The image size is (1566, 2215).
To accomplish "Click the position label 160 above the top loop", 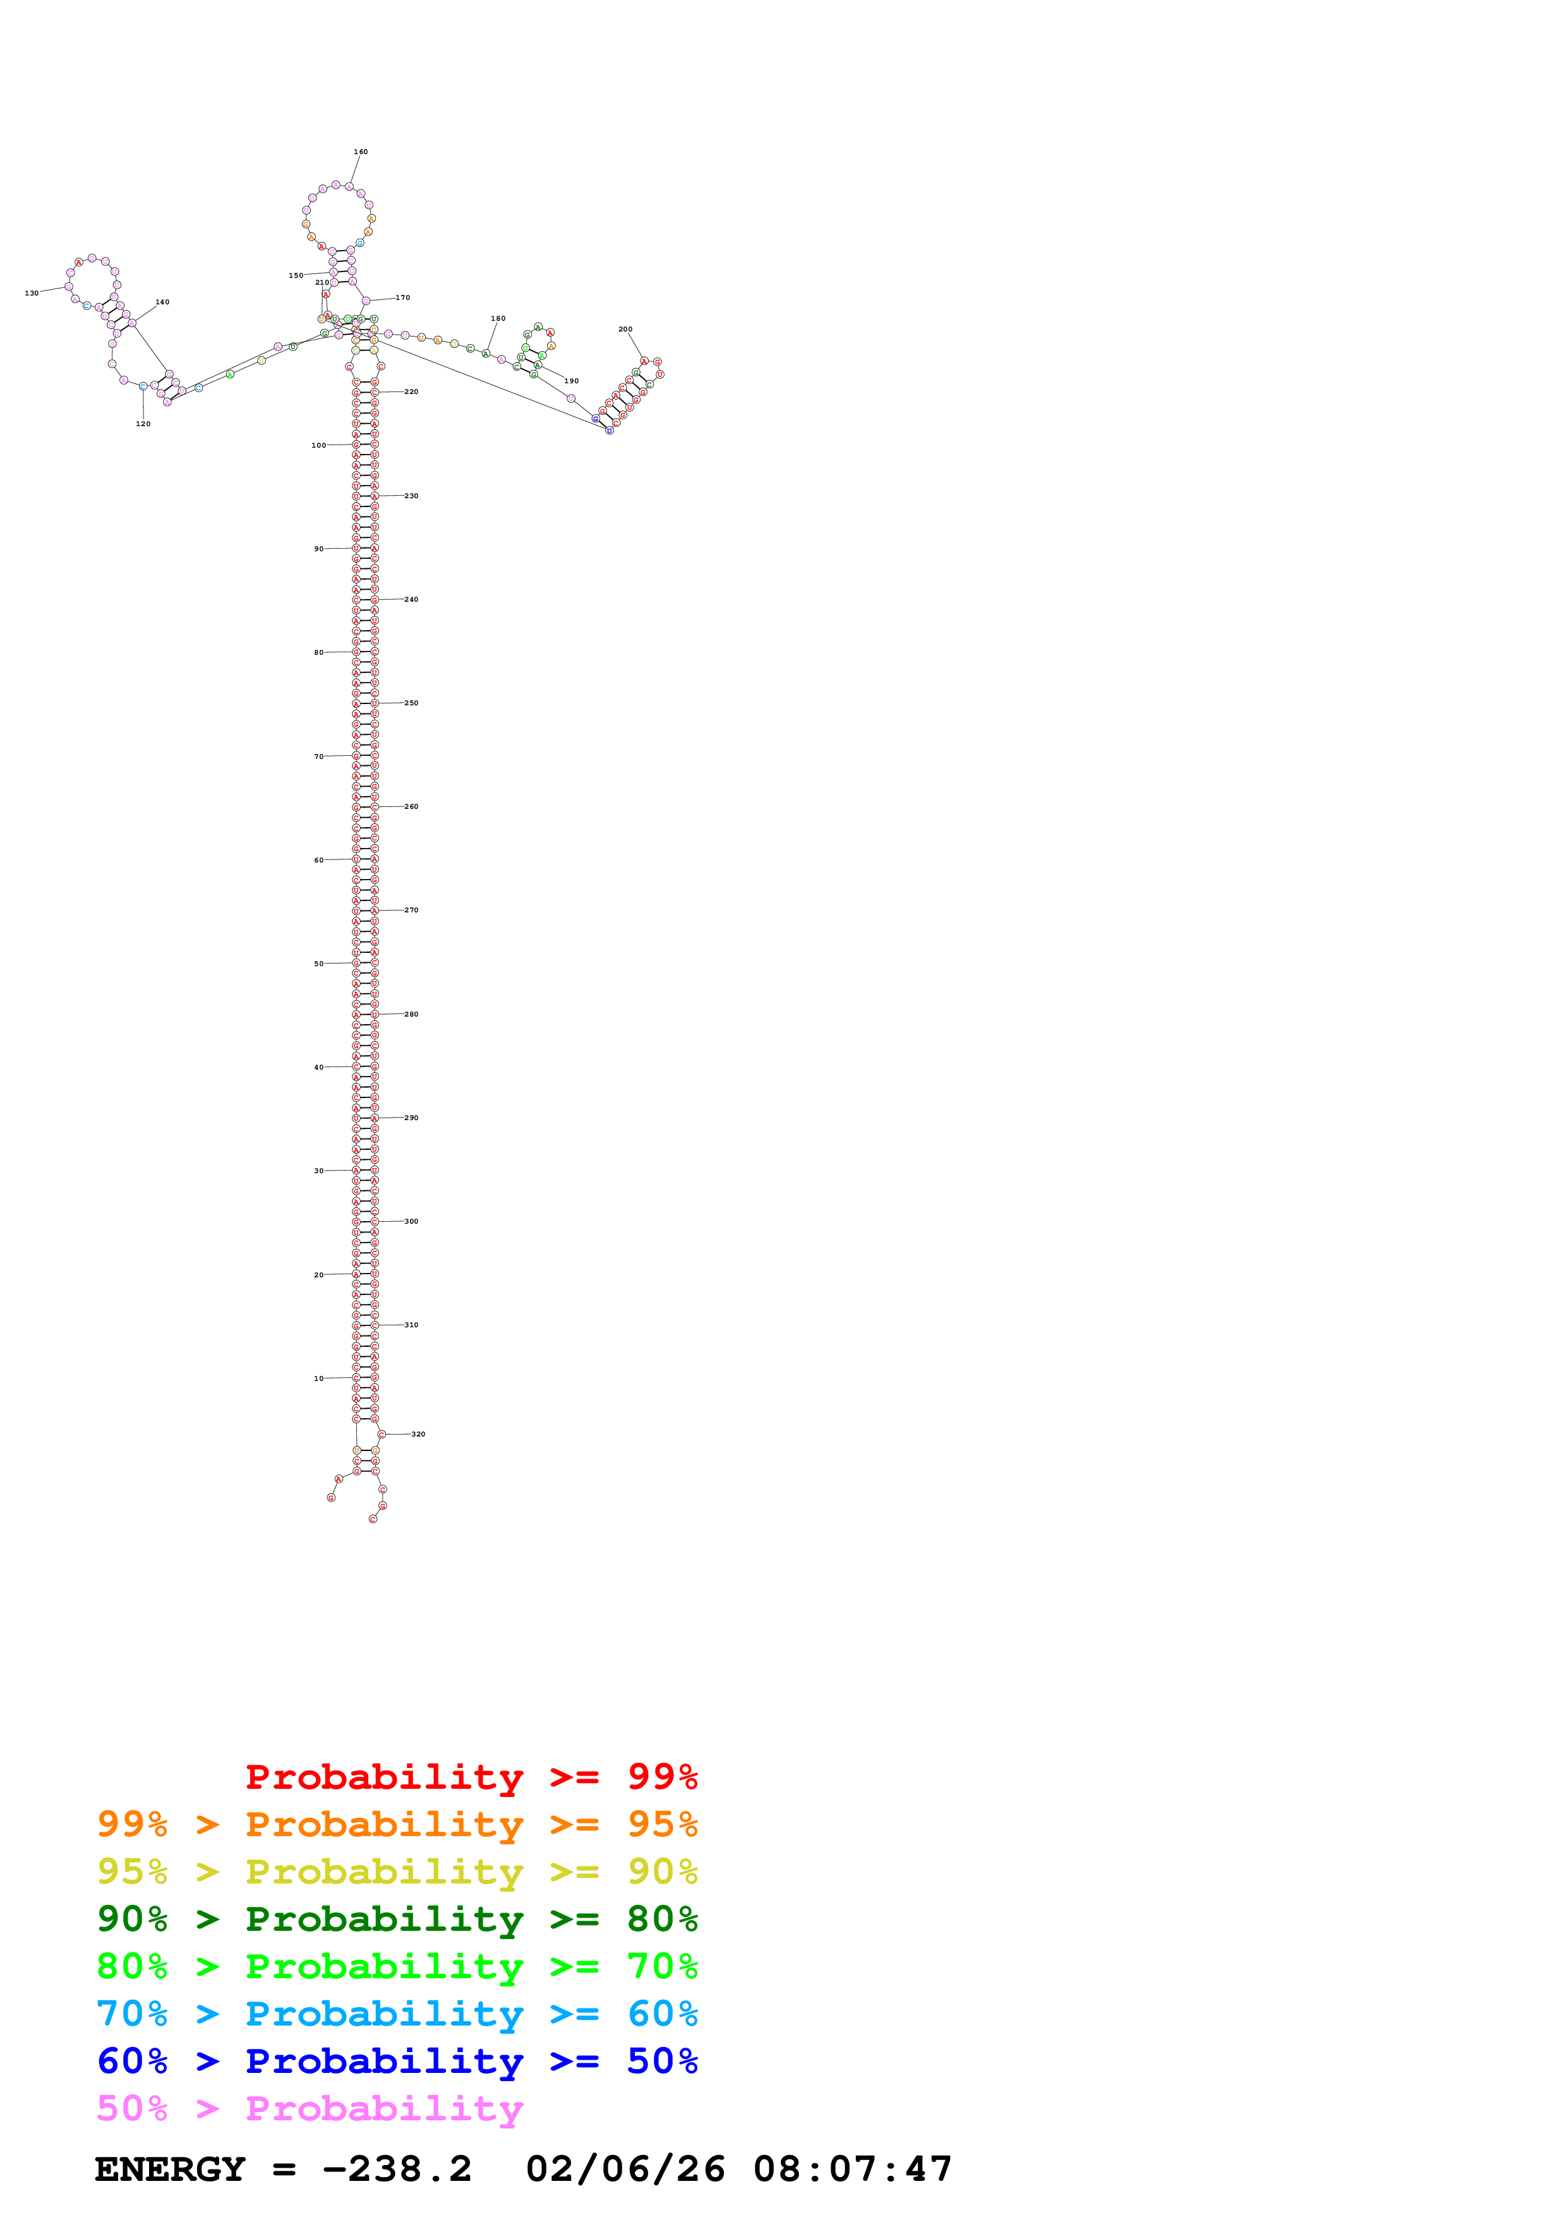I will click(x=360, y=152).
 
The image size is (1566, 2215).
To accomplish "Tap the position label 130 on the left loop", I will click(x=32, y=293).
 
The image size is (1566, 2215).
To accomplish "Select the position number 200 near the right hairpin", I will click(x=625, y=329).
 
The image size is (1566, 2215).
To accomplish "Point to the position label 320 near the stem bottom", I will click(x=418, y=1433).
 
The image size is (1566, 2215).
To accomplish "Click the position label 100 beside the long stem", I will click(x=318, y=445).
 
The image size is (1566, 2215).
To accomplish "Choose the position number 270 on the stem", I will click(x=411, y=910).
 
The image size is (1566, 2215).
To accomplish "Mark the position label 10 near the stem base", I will click(x=318, y=1378).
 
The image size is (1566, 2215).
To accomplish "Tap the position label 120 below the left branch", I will click(x=143, y=424).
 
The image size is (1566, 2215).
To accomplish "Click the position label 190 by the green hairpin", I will click(x=571, y=381).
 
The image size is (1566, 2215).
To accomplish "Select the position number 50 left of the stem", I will click(x=318, y=964).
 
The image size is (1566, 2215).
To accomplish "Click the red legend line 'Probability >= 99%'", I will click(x=471, y=1777).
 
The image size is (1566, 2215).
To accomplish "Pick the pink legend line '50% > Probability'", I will click(x=310, y=2108).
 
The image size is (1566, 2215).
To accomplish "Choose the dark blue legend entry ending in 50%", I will click(x=397, y=2061).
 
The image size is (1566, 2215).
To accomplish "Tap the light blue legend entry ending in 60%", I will click(x=397, y=2014).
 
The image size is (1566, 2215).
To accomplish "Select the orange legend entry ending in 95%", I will click(x=397, y=1824).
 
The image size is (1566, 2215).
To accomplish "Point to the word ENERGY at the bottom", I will click(x=169, y=2170).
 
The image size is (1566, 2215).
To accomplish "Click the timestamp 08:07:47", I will click(x=852, y=2170).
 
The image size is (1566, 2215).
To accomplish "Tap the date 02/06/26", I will click(x=625, y=2170).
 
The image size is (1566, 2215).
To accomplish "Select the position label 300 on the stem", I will click(x=411, y=1221).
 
